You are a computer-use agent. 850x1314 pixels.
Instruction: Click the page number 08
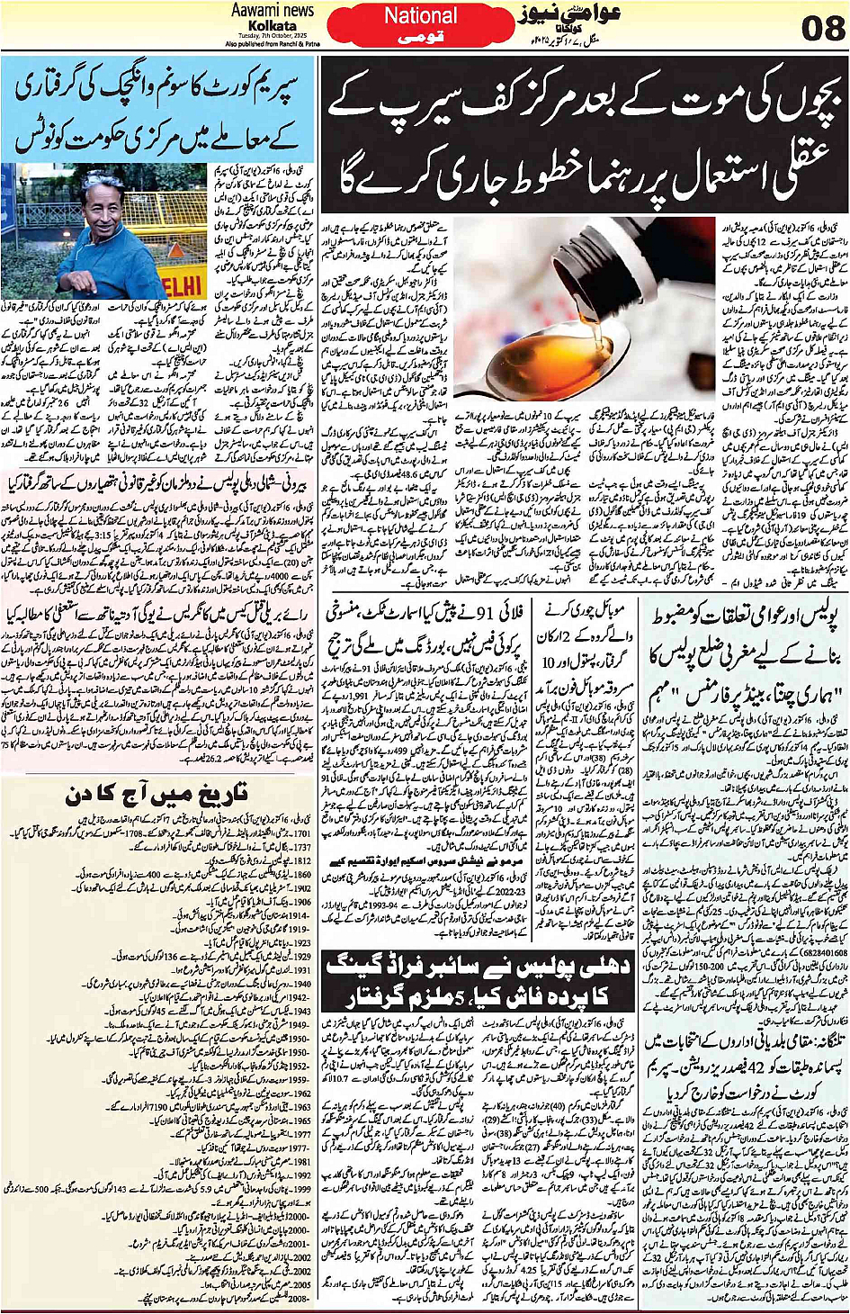point(821,29)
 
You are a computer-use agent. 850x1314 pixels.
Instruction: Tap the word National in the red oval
point(420,16)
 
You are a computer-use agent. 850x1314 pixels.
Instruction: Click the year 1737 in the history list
point(301,848)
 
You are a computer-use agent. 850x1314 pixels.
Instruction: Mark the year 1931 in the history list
point(301,970)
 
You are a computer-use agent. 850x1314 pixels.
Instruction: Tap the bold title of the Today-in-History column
point(157,794)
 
